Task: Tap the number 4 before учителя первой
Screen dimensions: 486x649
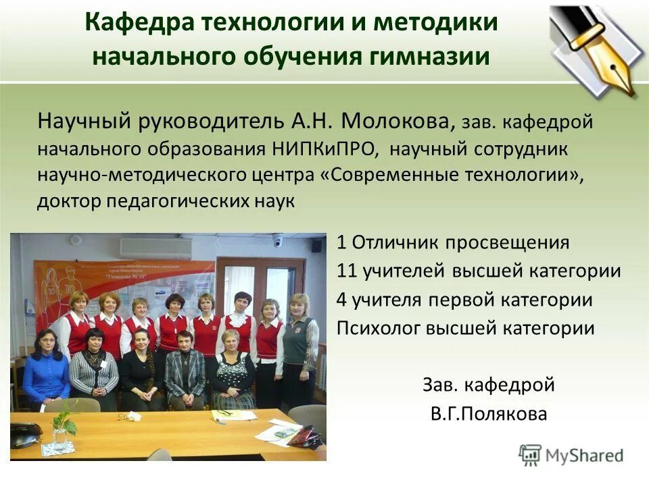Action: [341, 300]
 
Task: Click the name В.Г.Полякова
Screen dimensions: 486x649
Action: [488, 414]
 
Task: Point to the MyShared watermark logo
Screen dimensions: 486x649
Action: [571, 455]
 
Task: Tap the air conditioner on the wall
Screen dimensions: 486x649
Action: [155, 248]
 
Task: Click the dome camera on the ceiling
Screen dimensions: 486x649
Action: [277, 240]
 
